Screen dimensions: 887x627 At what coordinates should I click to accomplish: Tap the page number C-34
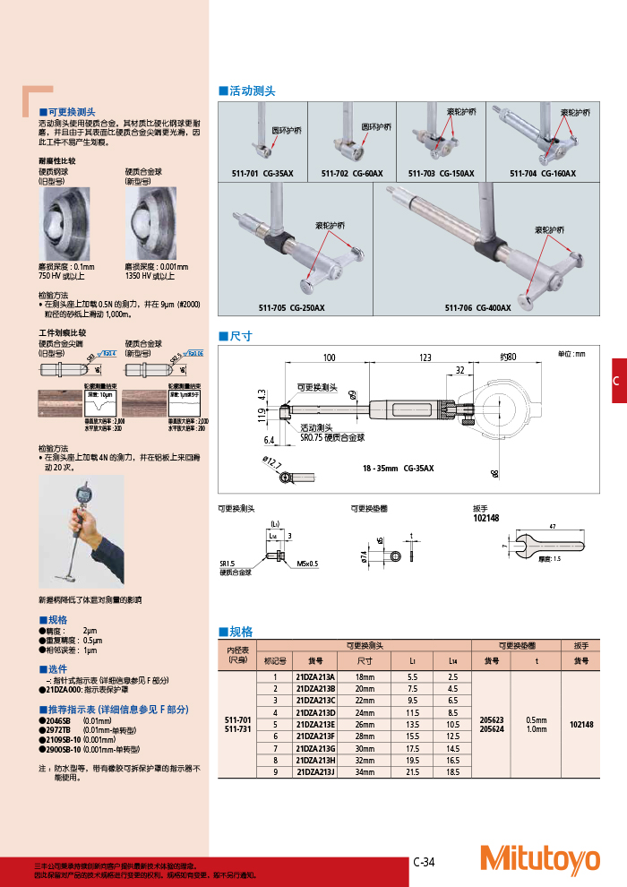click(x=424, y=862)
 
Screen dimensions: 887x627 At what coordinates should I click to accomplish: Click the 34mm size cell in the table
click(x=365, y=771)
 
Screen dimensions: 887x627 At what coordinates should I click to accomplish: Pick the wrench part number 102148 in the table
click(x=581, y=724)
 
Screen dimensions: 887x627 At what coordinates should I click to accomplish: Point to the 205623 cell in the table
click(x=492, y=719)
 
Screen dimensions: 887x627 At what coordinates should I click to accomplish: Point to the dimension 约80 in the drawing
click(x=508, y=357)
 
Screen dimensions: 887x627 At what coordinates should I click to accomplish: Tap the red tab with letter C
click(x=616, y=381)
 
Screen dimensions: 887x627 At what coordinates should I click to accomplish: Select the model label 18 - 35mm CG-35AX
click(x=398, y=468)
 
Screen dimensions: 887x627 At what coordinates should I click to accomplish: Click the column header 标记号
click(x=277, y=661)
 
